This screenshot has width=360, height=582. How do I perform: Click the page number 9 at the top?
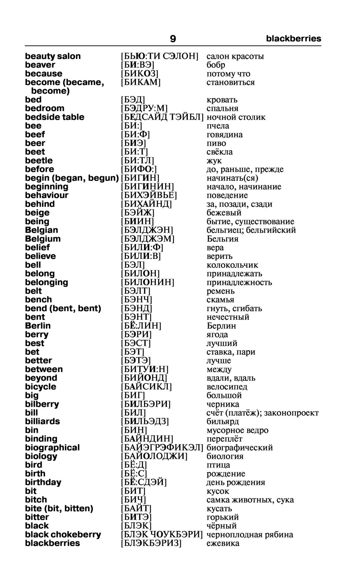173,39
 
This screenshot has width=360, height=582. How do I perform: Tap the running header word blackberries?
293,39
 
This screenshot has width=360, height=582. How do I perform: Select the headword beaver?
40,65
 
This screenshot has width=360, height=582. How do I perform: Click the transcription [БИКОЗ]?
140,73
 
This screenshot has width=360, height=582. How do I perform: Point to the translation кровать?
222,100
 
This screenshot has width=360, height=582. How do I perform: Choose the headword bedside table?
55,117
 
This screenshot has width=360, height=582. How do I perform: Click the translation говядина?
224,135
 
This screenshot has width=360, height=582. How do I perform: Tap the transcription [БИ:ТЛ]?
137,161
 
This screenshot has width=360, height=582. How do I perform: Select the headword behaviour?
46,195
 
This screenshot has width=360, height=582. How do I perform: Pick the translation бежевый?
224,212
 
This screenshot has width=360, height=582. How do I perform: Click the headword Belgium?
43,239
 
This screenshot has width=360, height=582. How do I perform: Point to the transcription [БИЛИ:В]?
141,256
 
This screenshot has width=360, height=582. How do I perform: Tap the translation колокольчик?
232,265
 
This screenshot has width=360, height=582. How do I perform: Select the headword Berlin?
38,326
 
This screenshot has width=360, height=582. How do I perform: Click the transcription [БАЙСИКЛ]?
146,387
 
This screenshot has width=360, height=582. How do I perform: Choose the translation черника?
222,404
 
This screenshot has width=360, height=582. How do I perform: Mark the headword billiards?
42,421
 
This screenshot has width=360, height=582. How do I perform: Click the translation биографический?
239,448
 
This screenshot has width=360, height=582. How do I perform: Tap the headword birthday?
43,482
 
